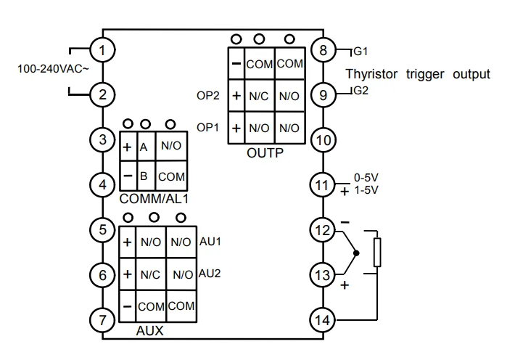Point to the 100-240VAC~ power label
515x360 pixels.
[x=53, y=69]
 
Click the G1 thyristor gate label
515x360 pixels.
[x=360, y=52]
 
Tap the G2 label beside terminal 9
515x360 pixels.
[x=361, y=91]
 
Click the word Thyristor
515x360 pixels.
[x=371, y=74]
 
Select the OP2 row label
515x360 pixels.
[x=208, y=96]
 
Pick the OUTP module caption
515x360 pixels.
[x=265, y=153]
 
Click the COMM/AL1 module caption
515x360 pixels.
[x=154, y=199]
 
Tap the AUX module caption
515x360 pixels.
[x=149, y=330]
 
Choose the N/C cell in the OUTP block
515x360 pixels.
[x=259, y=96]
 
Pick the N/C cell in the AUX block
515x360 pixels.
[x=150, y=275]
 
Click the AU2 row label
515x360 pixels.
[x=210, y=274]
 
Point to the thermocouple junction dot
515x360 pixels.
[x=356, y=253]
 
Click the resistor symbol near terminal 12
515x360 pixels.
[x=377, y=252]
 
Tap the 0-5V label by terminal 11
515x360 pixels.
[x=366, y=178]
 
